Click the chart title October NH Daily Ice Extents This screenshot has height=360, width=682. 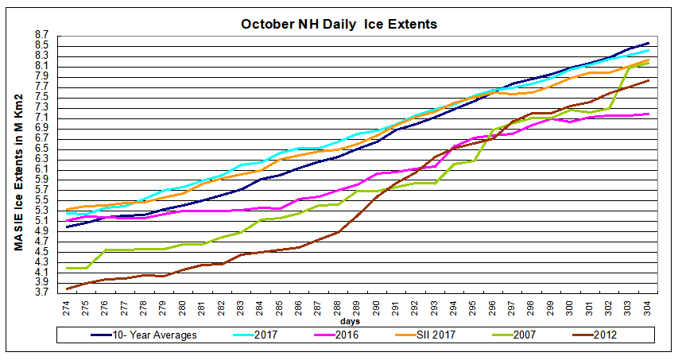(339, 24)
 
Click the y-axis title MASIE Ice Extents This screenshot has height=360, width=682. (18, 172)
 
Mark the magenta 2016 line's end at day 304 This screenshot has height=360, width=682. (649, 114)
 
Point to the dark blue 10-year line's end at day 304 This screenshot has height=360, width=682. (649, 43)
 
